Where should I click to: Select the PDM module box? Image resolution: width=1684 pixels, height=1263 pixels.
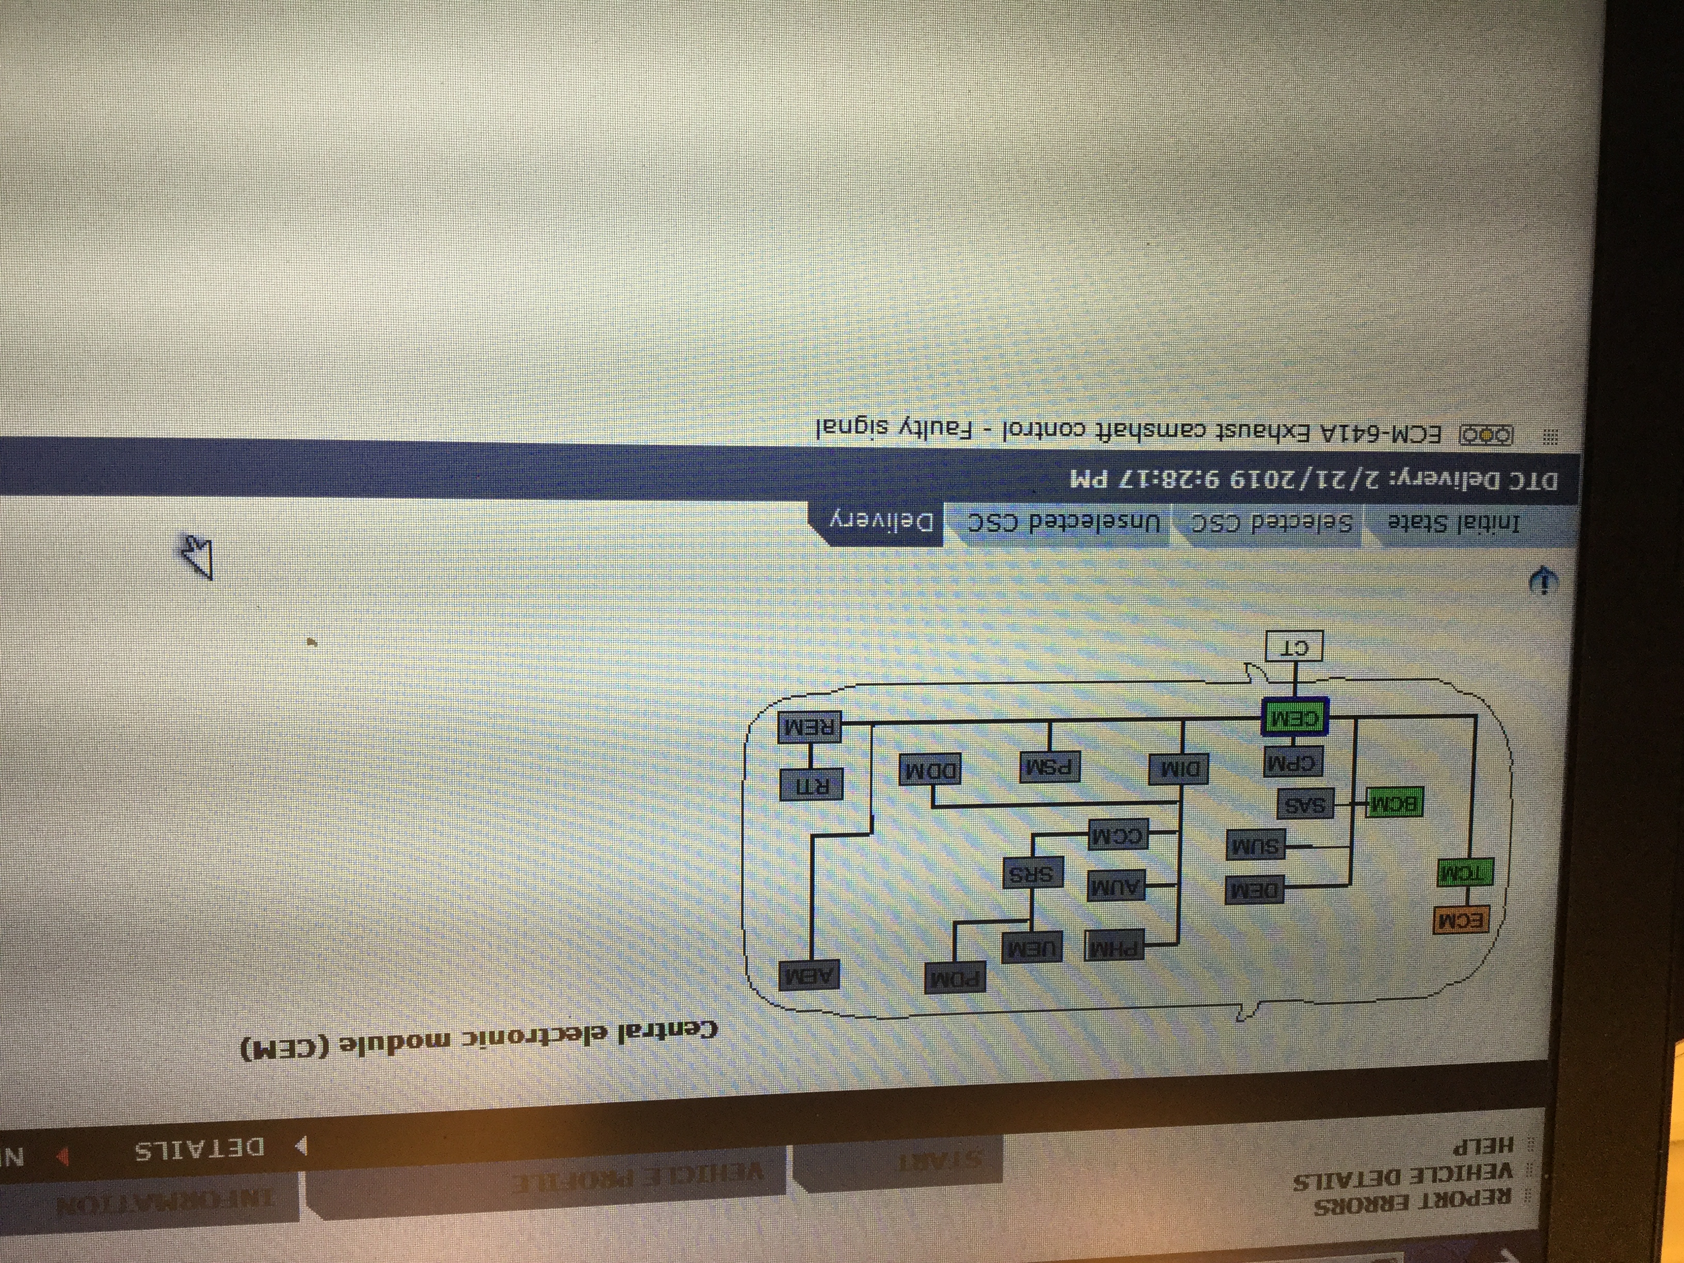(x=954, y=978)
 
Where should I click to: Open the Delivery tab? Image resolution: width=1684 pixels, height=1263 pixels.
(x=883, y=522)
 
